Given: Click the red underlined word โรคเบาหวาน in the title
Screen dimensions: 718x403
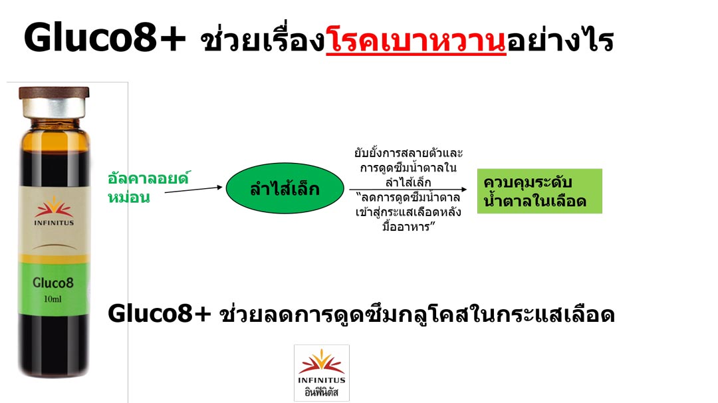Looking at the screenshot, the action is [x=416, y=41].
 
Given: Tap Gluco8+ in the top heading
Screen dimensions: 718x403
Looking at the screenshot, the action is [x=105, y=37].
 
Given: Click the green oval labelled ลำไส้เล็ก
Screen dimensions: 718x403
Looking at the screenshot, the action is [x=285, y=188].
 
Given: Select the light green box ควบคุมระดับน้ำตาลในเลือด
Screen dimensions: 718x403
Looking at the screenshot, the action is [x=539, y=191].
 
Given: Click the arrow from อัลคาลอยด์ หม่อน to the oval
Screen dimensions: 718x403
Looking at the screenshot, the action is [x=193, y=189].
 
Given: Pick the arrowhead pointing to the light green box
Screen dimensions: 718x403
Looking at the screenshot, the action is [x=464, y=189].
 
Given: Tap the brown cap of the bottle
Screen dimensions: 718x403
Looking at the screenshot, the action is [x=54, y=92].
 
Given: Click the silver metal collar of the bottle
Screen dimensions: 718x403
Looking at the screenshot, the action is [x=54, y=108].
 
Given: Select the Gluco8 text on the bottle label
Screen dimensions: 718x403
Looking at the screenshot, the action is [x=53, y=283].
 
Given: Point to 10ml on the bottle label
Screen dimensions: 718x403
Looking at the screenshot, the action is [x=53, y=299].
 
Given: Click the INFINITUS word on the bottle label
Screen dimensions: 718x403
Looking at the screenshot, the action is [x=54, y=223].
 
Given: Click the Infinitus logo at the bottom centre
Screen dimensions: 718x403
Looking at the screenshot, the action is [x=322, y=373].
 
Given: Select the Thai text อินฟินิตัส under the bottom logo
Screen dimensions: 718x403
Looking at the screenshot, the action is [x=322, y=392].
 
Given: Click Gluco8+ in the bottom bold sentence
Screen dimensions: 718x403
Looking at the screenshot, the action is [x=160, y=314].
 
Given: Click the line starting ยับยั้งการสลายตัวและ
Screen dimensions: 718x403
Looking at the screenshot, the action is [x=408, y=152].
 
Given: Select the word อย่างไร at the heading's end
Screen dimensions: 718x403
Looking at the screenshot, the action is [x=560, y=41].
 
